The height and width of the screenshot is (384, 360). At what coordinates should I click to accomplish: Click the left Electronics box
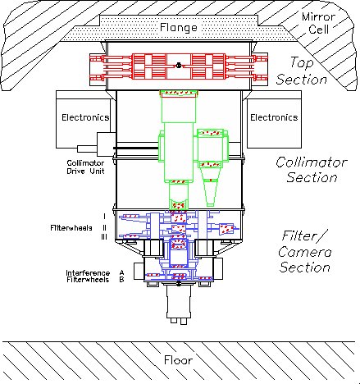point(85,117)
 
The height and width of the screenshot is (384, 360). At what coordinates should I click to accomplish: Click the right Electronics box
point(273,117)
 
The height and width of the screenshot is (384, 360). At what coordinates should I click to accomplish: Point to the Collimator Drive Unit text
point(86,169)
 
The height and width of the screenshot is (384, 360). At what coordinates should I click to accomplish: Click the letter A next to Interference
point(121,272)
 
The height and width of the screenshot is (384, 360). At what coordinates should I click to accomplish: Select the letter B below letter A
point(121,280)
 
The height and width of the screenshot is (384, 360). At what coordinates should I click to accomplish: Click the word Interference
point(86,272)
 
